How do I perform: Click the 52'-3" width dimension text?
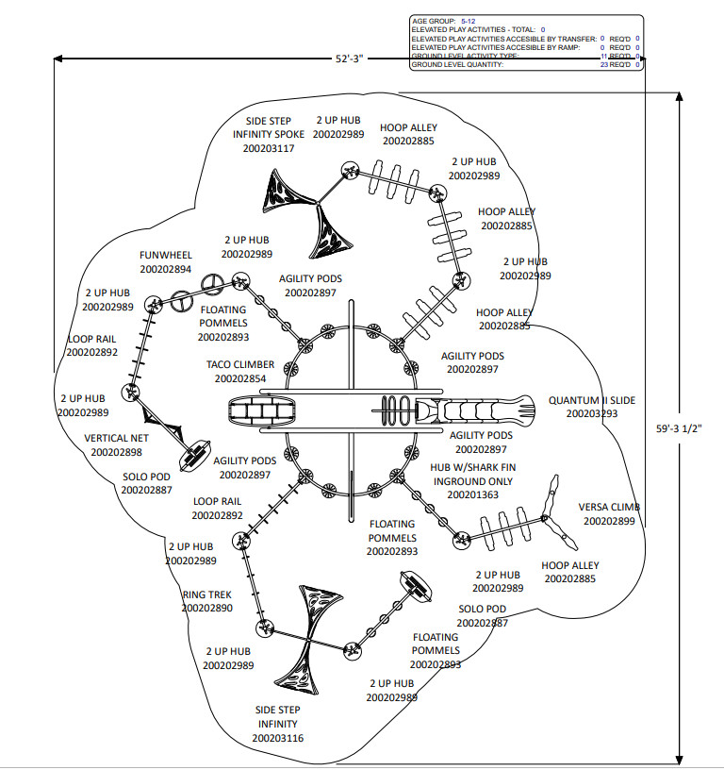pyautogui.click(x=349, y=59)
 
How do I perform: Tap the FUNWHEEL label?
pyautogui.click(x=166, y=255)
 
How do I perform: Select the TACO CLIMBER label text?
pyautogui.click(x=241, y=364)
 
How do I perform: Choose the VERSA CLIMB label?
pyautogui.click(x=610, y=507)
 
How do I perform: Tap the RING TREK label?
pyautogui.click(x=206, y=594)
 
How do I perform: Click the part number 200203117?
pyautogui.click(x=269, y=148)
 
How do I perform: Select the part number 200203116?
pyautogui.click(x=278, y=738)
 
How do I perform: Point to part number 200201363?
pyautogui.click(x=472, y=494)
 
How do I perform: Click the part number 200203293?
pyautogui.click(x=592, y=413)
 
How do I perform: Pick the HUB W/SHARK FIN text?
pyautogui.click(x=473, y=467)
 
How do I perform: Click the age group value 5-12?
pyautogui.click(x=469, y=21)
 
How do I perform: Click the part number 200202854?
pyautogui.click(x=240, y=378)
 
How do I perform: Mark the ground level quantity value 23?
pyautogui.click(x=603, y=65)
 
